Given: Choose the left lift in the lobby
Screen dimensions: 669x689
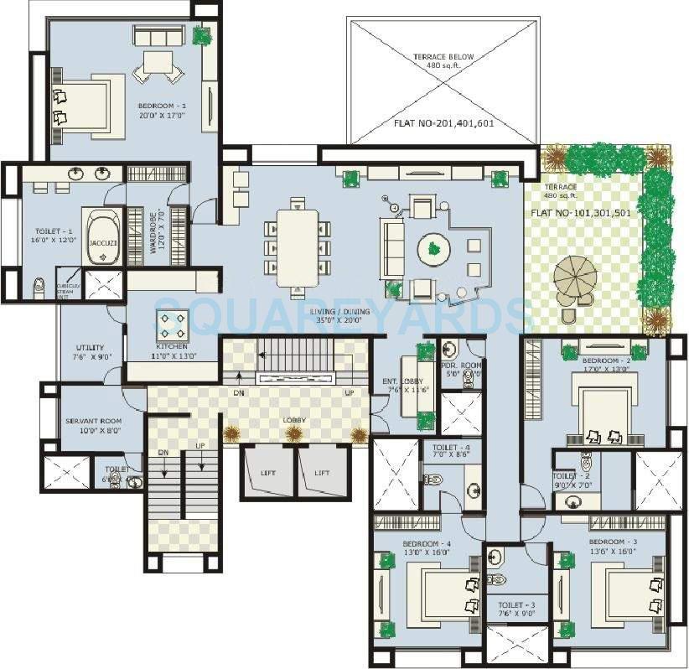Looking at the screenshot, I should pyautogui.click(x=267, y=472).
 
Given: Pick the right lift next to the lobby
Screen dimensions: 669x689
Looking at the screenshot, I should pyautogui.click(x=321, y=472).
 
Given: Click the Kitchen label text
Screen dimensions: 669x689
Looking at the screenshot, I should pyautogui.click(x=171, y=346).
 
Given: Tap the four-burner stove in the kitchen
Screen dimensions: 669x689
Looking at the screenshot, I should pyautogui.click(x=172, y=324).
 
